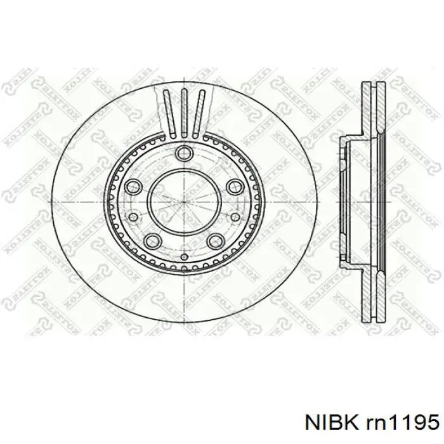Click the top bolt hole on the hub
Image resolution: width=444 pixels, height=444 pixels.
[x=184, y=153]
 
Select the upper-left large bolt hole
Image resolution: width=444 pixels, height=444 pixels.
[x=134, y=186]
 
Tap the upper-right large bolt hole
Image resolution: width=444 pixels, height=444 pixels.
[x=234, y=186]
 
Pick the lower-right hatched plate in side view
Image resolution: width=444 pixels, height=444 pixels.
[x=381, y=295]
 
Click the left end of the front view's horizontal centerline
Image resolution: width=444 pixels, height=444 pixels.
[x=51, y=202]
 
